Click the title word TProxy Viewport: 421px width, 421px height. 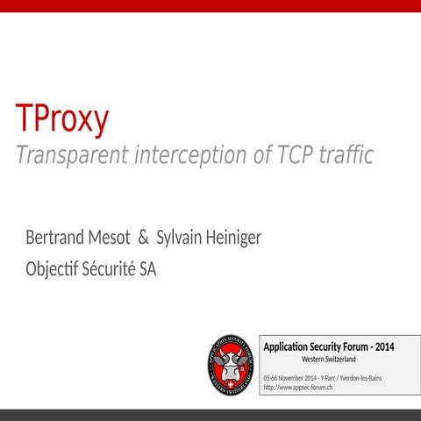(x=61, y=118)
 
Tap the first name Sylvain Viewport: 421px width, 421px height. (x=180, y=238)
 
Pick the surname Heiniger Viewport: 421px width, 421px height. (x=233, y=238)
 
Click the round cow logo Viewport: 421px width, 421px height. (x=230, y=364)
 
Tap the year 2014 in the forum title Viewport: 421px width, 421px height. (x=382, y=346)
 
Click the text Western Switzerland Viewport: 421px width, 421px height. (x=328, y=360)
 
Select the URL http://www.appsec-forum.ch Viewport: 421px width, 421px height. (x=297, y=387)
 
